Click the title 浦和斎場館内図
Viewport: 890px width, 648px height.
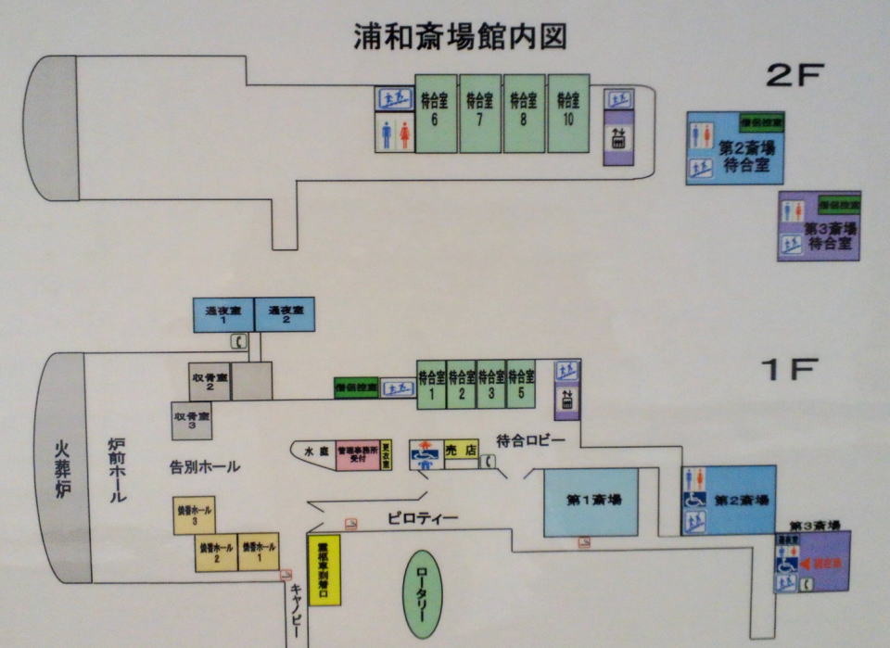(460, 36)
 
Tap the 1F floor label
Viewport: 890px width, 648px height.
(789, 371)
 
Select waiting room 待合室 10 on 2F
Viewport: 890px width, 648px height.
(568, 113)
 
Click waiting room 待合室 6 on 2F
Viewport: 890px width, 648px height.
(435, 113)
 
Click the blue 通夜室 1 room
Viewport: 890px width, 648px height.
(222, 314)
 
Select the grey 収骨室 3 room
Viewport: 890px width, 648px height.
(191, 421)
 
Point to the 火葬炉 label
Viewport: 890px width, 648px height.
(63, 468)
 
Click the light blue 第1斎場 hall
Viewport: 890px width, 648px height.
(590, 502)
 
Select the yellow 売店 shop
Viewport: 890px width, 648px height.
(461, 450)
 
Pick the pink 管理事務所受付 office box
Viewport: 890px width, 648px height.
(357, 455)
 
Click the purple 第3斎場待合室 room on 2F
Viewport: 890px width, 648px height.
(819, 226)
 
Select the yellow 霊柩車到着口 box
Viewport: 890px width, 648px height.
(324, 569)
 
